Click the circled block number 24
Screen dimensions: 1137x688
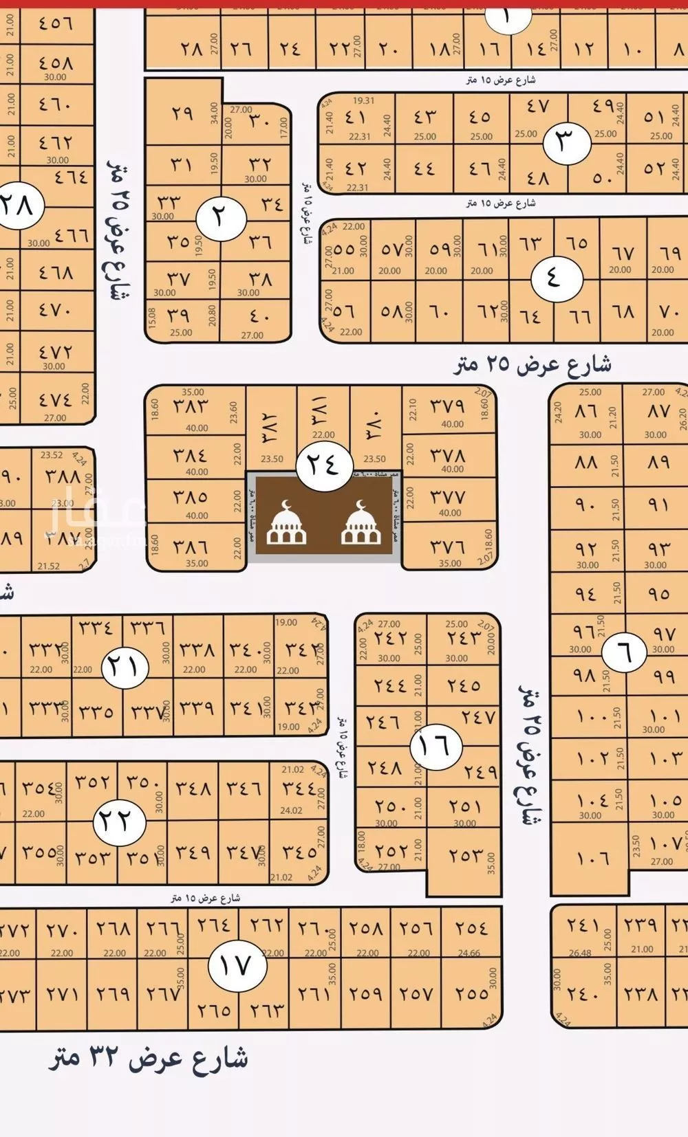[x=323, y=465]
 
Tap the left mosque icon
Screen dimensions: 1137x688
[x=286, y=524]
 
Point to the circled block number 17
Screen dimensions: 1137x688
[x=234, y=965]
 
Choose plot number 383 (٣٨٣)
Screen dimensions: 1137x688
[x=189, y=406]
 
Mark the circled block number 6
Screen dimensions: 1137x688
[x=623, y=651]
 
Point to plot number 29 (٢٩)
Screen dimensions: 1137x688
[x=182, y=113]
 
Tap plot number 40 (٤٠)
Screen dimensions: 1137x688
[x=259, y=317]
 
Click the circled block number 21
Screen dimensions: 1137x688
[x=125, y=666]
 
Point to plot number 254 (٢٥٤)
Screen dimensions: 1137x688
[x=471, y=928]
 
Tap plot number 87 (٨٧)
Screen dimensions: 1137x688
[x=658, y=411]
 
